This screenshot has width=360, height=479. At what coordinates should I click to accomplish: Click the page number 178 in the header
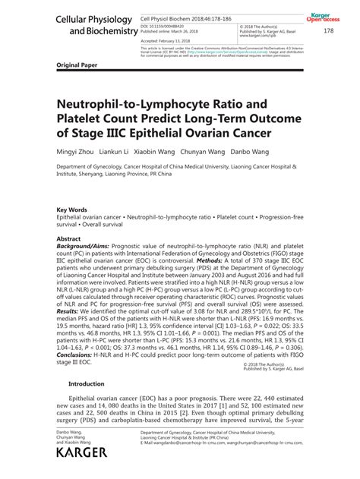click(x=329, y=31)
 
